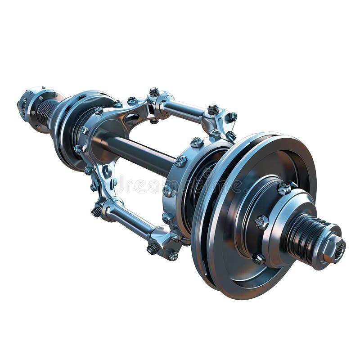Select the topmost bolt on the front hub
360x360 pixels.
pyautogui.click(x=283, y=189)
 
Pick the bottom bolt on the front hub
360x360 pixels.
pyautogui.click(x=259, y=259)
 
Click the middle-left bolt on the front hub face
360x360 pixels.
pyautogui.click(x=261, y=221)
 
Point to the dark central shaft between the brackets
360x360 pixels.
pyautogui.click(x=135, y=153)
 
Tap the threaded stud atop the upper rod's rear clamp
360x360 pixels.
pyautogui.click(x=154, y=92)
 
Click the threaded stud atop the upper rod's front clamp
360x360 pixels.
pyautogui.click(x=213, y=109)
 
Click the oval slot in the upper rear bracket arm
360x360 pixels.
pyautogui.click(x=131, y=118)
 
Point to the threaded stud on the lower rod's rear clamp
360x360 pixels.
pyautogui.click(x=96, y=211)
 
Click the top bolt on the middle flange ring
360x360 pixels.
pyautogui.click(x=197, y=142)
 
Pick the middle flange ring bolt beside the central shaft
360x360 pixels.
pyautogui.click(x=180, y=161)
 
